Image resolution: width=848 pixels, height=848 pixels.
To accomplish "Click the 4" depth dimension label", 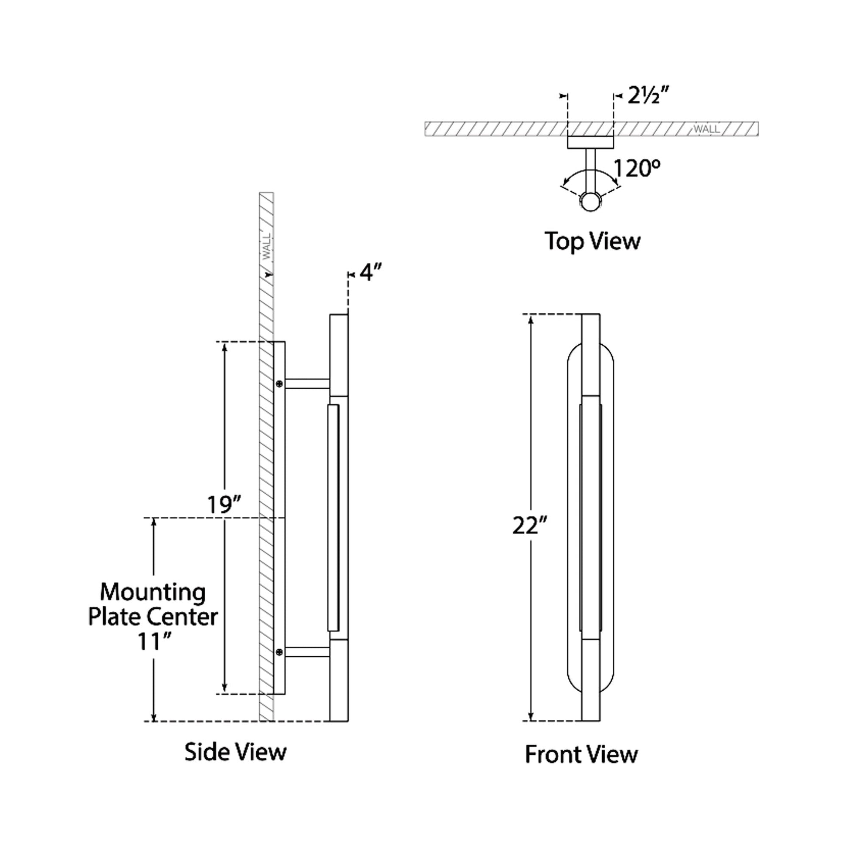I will click(371, 273).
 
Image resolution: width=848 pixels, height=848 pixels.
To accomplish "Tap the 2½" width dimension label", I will click(648, 95).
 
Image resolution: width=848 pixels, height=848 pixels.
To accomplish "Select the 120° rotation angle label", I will click(637, 169).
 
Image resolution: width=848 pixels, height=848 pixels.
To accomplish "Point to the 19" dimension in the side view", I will click(224, 504).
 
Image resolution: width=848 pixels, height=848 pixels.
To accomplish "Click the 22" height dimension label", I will click(530, 525).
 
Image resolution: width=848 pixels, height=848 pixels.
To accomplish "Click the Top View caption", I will click(592, 241).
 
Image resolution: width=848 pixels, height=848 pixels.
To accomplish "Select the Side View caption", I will click(235, 752).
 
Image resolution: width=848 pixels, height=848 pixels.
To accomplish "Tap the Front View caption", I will click(581, 754).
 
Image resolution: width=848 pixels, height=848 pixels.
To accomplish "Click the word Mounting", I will click(153, 593).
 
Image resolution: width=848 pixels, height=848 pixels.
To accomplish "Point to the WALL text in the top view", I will click(706, 129).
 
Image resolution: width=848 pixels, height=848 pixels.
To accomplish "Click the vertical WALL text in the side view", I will click(266, 247).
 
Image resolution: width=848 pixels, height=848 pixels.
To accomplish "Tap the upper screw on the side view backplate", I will click(279, 384).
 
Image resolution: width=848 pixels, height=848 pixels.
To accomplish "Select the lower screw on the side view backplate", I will click(279, 653).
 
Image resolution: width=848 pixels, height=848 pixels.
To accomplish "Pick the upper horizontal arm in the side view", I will click(307, 383).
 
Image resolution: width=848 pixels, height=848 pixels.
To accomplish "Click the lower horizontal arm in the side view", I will click(307, 652).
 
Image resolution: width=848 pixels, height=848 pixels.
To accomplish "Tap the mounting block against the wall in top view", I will click(590, 142).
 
